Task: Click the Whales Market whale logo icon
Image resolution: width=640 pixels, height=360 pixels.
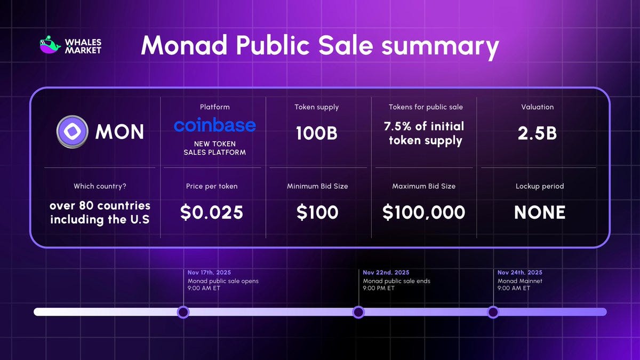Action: pyautogui.click(x=51, y=45)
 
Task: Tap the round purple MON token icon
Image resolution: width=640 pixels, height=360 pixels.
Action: pyautogui.click(x=72, y=132)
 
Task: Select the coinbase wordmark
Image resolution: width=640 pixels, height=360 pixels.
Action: pyautogui.click(x=214, y=125)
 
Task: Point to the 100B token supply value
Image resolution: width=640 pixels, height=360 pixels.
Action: pyautogui.click(x=316, y=133)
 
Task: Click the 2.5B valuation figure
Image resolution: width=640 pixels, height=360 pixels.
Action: pyautogui.click(x=537, y=133)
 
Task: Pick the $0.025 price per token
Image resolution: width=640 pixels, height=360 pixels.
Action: pyautogui.click(x=212, y=212)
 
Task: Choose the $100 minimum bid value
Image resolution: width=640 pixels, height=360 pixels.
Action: pyautogui.click(x=317, y=212)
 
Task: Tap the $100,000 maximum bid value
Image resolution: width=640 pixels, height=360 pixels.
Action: pyautogui.click(x=423, y=212)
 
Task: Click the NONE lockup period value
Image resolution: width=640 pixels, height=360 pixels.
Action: pyautogui.click(x=539, y=212)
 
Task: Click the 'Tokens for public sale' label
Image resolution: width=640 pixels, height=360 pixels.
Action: pyautogui.click(x=426, y=107)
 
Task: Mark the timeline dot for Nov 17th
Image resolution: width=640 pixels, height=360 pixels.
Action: pyautogui.click(x=183, y=312)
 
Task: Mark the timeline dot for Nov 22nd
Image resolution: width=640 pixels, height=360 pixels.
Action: pyautogui.click(x=358, y=312)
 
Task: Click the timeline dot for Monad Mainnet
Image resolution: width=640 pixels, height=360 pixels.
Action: pyautogui.click(x=493, y=312)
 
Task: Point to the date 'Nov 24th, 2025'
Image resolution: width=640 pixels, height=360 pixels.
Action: pyautogui.click(x=520, y=273)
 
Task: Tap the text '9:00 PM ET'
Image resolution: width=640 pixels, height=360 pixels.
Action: pyautogui.click(x=379, y=288)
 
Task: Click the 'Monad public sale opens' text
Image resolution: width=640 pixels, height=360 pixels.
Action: pyautogui.click(x=223, y=281)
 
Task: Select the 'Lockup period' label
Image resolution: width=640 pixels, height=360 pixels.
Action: pyautogui.click(x=539, y=186)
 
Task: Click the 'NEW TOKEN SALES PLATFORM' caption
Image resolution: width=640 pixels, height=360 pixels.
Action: pyautogui.click(x=214, y=148)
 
